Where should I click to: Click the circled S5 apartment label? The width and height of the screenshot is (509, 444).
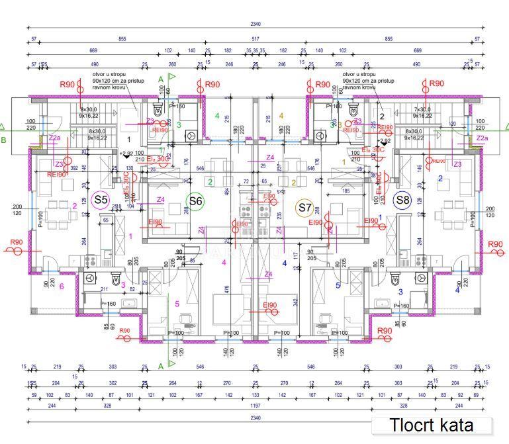pyautogui.click(x=101, y=199)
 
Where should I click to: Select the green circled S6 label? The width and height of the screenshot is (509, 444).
pyautogui.click(x=195, y=201)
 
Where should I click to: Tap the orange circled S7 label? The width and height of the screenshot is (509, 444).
pyautogui.click(x=304, y=208)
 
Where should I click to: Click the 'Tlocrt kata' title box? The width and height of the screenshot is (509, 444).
pyautogui.click(x=431, y=425)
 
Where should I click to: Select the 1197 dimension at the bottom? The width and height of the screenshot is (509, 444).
pyautogui.click(x=255, y=406)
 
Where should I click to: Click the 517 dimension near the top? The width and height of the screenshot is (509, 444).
pyautogui.click(x=255, y=40)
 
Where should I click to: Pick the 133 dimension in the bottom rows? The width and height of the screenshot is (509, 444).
pyautogui.click(x=255, y=395)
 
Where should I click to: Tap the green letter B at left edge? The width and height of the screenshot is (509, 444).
pyautogui.click(x=3, y=140)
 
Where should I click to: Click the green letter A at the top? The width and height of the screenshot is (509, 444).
pyautogui.click(x=160, y=79)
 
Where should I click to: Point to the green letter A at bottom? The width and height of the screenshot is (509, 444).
pyautogui.click(x=160, y=365)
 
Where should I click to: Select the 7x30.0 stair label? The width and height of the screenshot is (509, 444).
pyautogui.click(x=422, y=109)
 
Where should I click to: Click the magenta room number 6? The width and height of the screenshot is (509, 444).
pyautogui.click(x=62, y=287)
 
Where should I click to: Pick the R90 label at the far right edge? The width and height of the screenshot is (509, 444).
pyautogui.click(x=495, y=245)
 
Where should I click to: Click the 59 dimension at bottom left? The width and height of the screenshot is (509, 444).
pyautogui.click(x=34, y=395)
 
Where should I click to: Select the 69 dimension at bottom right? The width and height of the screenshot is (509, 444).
pyautogui.click(x=475, y=395)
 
